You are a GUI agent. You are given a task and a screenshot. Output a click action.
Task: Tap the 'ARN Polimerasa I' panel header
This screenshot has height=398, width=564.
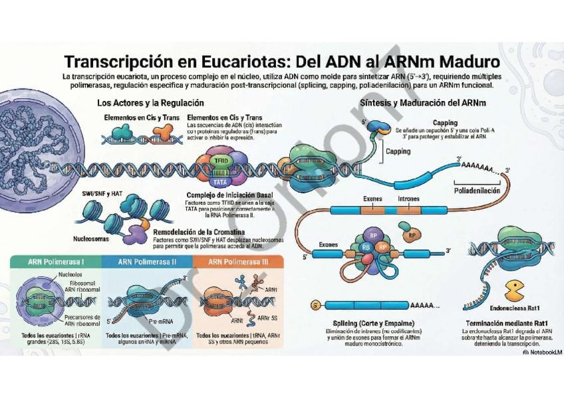point(56,262)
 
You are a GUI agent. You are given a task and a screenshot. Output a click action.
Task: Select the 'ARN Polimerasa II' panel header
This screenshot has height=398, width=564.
point(147,262)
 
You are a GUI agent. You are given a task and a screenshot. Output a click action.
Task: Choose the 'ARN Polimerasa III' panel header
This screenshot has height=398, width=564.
point(238,262)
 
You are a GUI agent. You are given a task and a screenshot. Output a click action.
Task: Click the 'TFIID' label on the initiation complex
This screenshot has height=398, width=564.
point(220,161)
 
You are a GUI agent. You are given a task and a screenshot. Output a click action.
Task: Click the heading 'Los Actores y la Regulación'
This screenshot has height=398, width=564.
point(150,103)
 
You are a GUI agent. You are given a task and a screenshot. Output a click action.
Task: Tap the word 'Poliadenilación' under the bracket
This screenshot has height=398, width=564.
point(476,191)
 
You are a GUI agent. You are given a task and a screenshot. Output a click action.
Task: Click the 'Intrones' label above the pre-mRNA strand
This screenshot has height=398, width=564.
point(408,199)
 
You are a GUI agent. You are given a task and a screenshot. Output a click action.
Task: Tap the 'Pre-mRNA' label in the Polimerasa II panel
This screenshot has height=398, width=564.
point(162,320)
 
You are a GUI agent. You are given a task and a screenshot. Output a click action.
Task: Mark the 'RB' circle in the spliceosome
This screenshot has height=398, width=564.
point(366,247)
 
